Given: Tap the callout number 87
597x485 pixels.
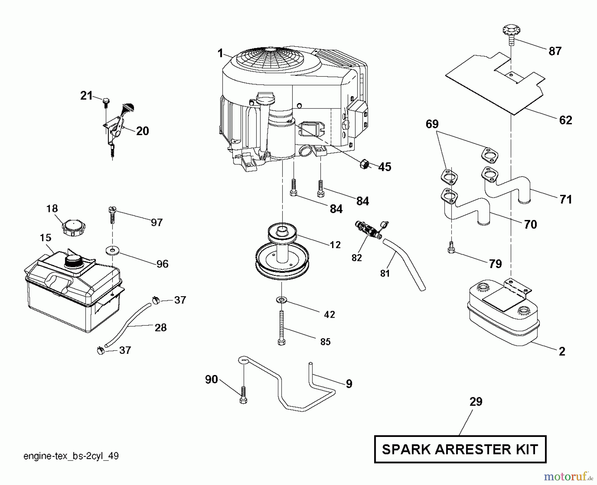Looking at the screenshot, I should tap(555, 51).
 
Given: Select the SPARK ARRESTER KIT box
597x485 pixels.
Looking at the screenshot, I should tap(460, 449).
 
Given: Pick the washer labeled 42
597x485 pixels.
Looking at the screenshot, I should tap(282, 300).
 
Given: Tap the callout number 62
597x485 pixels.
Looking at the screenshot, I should tap(565, 120).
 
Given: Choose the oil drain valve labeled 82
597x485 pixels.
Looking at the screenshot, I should tap(368, 230).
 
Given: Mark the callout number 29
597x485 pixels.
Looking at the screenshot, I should tap(476, 402).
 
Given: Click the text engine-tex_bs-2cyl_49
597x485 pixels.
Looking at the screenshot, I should tap(71, 456).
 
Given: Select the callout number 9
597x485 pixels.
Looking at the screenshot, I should tap(349, 384).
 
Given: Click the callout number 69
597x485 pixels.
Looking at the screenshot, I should tap(432, 124).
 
